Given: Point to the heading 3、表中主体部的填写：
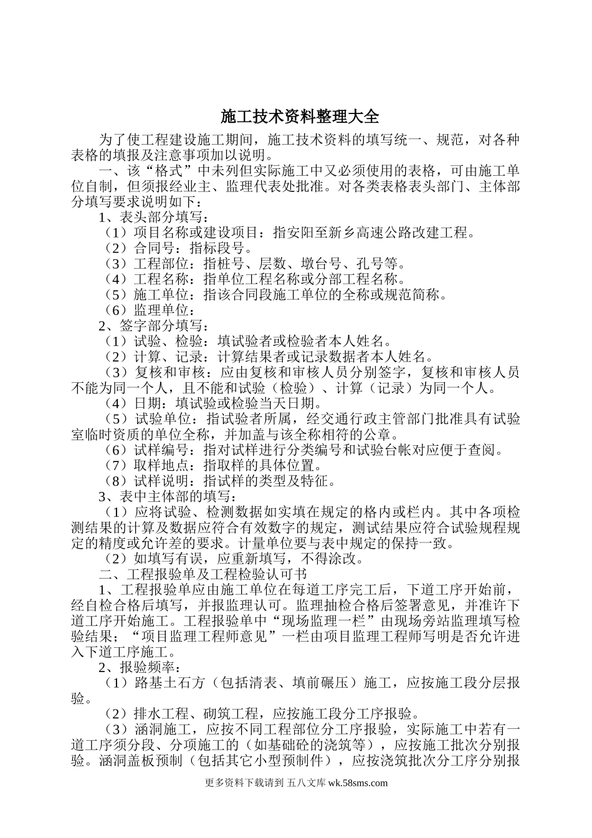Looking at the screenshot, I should [167, 496].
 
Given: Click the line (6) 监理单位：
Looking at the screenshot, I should [151, 310].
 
